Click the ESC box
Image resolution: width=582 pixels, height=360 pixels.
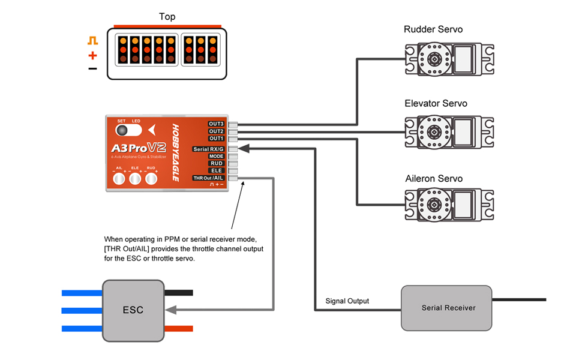click(x=133, y=310)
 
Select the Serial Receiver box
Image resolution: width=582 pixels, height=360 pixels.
click(x=448, y=308)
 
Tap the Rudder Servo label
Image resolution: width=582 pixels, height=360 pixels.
click(x=433, y=29)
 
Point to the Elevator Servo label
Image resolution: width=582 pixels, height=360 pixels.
click(x=436, y=104)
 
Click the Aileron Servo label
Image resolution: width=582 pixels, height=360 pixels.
click(x=434, y=179)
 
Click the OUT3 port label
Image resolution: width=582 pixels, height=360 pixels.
click(x=217, y=124)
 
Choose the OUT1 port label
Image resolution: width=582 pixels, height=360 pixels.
click(x=217, y=139)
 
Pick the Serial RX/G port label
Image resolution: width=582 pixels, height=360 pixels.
click(x=208, y=149)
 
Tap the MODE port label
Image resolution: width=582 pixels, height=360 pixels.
click(x=217, y=156)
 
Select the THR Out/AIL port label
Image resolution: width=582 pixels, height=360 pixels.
click(x=208, y=178)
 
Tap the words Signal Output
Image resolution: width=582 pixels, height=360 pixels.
click(x=347, y=301)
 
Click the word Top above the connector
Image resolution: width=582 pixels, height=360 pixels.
click(x=167, y=17)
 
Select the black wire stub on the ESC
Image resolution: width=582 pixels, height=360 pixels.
click(x=178, y=293)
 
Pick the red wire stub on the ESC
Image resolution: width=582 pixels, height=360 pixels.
click(x=178, y=328)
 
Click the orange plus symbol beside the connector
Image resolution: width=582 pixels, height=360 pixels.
click(x=92, y=55)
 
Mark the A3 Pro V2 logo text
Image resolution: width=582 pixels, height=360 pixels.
click(x=138, y=148)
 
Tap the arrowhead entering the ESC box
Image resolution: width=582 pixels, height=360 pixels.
click(x=170, y=310)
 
